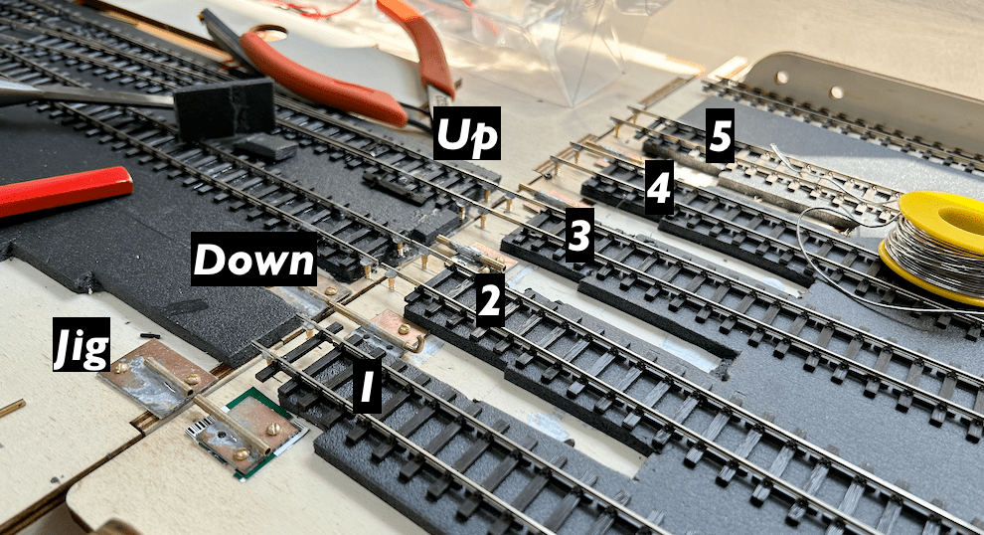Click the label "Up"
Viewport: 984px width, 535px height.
click(467, 132)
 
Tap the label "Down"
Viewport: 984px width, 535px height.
click(254, 259)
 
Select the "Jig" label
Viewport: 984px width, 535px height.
click(82, 344)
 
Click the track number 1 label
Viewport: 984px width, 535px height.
click(367, 386)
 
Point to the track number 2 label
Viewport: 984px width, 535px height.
click(490, 300)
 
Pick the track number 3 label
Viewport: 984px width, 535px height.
click(579, 235)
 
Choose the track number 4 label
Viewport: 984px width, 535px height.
click(660, 187)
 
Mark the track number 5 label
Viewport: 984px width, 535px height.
click(720, 136)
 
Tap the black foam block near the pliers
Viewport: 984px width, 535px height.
click(224, 108)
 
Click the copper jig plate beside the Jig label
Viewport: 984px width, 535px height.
click(152, 378)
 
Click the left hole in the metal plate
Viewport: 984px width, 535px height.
click(782, 78)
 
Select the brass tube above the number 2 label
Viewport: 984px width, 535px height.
click(471, 255)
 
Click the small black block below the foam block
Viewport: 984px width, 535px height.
click(265, 148)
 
